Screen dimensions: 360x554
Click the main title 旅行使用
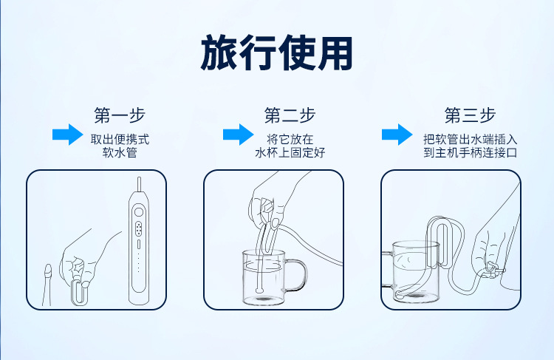(277, 52)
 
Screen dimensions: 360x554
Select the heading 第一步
(120, 115)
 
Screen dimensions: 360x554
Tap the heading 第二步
(290, 115)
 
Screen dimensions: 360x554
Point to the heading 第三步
(470, 115)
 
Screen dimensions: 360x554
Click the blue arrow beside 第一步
(67, 135)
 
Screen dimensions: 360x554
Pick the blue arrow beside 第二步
(238, 135)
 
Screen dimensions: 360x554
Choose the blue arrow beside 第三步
(397, 135)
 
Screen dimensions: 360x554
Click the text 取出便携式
(120, 138)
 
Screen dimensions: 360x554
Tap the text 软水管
(120, 153)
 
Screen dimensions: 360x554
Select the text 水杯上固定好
(290, 153)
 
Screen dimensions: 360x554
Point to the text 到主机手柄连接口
(470, 153)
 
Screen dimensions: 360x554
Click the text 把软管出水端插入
(470, 138)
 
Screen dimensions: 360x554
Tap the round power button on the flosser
(138, 211)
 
